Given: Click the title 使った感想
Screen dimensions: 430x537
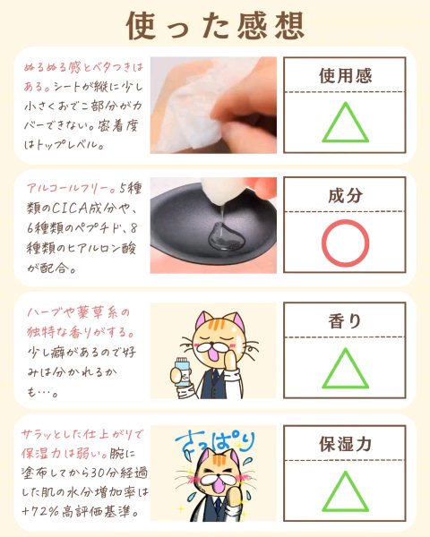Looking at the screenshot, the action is click(215, 26).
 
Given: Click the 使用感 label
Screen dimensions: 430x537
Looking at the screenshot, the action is click(345, 76).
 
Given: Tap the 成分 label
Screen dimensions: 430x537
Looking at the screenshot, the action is click(345, 195).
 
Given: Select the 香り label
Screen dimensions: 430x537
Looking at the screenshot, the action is click(345, 321).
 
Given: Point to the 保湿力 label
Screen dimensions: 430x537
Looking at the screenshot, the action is click(345, 444).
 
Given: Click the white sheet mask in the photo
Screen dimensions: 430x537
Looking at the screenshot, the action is click(192, 103).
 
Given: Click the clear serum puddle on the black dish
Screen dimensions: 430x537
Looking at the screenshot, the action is click(225, 235).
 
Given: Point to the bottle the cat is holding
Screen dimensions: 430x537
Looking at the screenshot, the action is click(182, 372).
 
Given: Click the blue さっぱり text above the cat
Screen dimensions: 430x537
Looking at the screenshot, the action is click(215, 443).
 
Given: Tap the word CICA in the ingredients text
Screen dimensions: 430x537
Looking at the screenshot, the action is click(69, 209).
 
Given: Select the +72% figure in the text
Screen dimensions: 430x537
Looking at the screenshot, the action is click(40, 512).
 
